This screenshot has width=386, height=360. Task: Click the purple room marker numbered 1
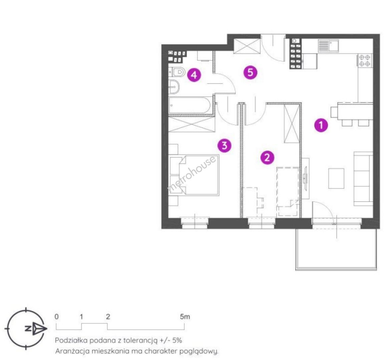(x=321, y=125)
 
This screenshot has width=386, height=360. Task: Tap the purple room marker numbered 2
(x=267, y=157)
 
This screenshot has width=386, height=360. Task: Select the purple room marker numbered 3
(x=224, y=145)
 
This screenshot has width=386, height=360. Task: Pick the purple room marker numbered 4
(x=194, y=75)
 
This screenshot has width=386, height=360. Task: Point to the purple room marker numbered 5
(x=250, y=73)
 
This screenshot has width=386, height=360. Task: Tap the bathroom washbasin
(x=174, y=87)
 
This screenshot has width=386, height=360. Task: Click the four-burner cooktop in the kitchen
(x=365, y=60)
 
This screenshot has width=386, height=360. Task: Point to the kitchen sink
(x=328, y=46)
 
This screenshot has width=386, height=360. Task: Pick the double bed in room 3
(x=194, y=175)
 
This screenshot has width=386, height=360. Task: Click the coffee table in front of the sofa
(x=336, y=179)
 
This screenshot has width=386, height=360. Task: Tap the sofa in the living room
(x=363, y=179)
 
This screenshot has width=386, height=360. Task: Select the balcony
(x=336, y=249)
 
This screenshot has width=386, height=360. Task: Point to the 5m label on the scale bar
(x=185, y=317)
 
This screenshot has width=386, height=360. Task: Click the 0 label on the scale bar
(x=57, y=317)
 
